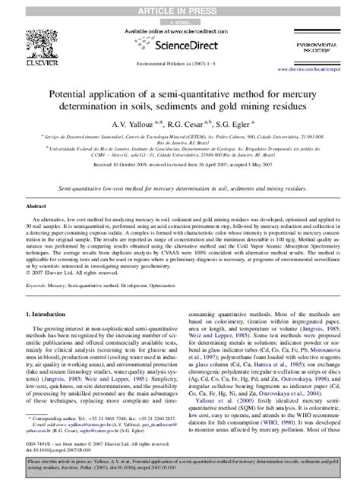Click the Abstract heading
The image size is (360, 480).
[x=36, y=206]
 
